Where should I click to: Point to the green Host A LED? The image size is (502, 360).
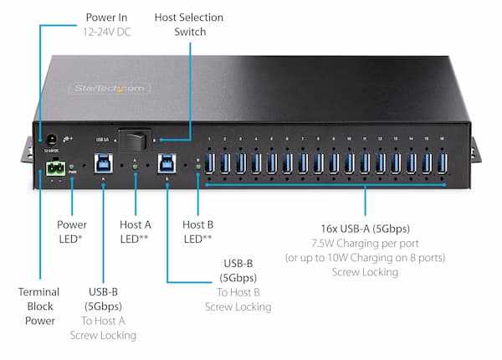[x=135, y=167]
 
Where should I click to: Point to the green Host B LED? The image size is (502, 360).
[x=198, y=167]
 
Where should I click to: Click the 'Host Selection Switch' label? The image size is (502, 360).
[x=190, y=24]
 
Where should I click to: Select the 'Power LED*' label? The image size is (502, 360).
[x=72, y=231]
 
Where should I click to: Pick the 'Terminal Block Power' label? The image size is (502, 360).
[x=38, y=306]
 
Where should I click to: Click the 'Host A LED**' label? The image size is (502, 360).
[x=135, y=231]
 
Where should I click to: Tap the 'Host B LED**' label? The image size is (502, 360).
[x=197, y=231]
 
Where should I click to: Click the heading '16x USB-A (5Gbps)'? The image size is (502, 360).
[x=364, y=228]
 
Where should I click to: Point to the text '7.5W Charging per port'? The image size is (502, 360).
[x=364, y=242]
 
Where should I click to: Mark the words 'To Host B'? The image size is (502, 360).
[x=238, y=291]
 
